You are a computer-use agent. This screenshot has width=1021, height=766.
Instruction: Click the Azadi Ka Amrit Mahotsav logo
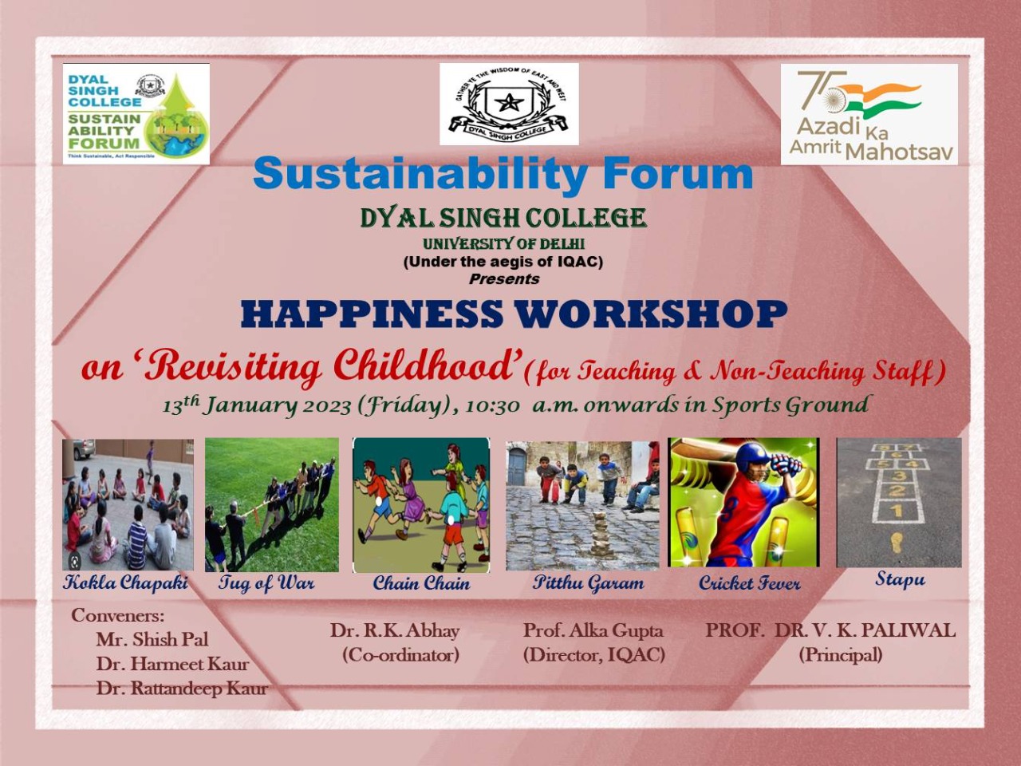pyautogui.click(x=869, y=114)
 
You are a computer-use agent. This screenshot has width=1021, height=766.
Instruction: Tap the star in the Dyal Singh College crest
pyautogui.click(x=509, y=102)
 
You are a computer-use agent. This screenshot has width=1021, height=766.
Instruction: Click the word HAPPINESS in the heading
pyautogui.click(x=371, y=314)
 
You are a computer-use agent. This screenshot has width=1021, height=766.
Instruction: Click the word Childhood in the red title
pyautogui.click(x=428, y=367)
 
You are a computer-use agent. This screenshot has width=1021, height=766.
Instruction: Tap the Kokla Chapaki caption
pyautogui.click(x=125, y=582)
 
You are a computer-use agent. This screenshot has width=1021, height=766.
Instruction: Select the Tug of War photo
pyautogui.click(x=272, y=504)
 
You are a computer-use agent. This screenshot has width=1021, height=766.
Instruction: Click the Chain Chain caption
pyautogui.click(x=421, y=583)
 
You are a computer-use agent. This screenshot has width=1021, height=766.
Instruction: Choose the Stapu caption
pyautogui.click(x=900, y=579)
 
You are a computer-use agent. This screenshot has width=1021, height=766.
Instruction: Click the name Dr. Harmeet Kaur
pyautogui.click(x=172, y=664)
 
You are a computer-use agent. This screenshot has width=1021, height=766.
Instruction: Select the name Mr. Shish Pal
pyautogui.click(x=152, y=639)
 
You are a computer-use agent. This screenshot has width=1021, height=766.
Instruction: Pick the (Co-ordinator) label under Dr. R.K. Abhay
pyautogui.click(x=401, y=655)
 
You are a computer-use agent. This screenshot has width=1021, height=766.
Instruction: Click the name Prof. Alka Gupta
pyautogui.click(x=593, y=630)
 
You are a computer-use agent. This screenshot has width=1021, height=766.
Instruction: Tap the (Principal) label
pyautogui.click(x=841, y=655)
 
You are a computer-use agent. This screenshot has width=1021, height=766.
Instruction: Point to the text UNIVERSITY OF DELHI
pyautogui.click(x=504, y=243)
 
